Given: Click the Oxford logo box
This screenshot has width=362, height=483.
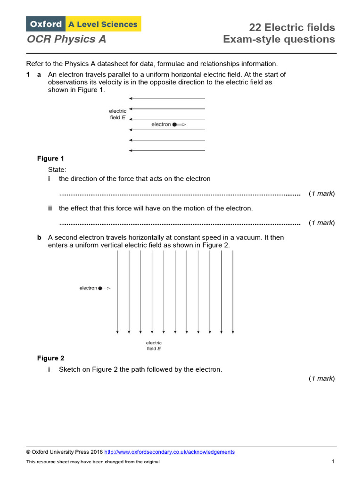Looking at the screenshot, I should pyautogui.click(x=46, y=24).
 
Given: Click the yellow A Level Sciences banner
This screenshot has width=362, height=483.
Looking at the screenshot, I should pyautogui.click(x=103, y=24).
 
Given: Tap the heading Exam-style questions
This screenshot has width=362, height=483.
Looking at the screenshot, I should pyautogui.click(x=279, y=40).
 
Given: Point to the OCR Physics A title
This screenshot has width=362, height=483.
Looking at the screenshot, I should pyautogui.click(x=66, y=40).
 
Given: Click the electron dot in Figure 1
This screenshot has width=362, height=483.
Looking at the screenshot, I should pyautogui.click(x=174, y=125).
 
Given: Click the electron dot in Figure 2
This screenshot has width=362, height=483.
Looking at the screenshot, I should pyautogui.click(x=100, y=288).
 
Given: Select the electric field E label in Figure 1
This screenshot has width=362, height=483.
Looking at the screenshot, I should pyautogui.click(x=117, y=114).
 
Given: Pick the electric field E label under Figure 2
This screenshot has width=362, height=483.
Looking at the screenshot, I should pyautogui.click(x=154, y=346).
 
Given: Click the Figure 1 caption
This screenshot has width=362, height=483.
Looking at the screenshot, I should pyautogui.click(x=50, y=158).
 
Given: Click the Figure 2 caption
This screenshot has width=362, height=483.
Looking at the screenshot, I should pyautogui.click(x=50, y=358).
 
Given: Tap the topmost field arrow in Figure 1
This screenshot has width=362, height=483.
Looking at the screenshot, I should pyautogui.click(x=167, y=99).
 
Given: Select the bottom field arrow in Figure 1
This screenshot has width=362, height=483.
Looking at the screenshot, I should pyautogui.click(x=167, y=150).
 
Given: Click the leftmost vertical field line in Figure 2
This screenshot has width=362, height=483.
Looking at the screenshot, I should pyautogui.click(x=117, y=292).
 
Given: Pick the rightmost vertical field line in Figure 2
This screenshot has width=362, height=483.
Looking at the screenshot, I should pyautogui.click(x=233, y=292).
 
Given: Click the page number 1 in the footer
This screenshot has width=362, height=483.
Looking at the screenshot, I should pyautogui.click(x=333, y=462).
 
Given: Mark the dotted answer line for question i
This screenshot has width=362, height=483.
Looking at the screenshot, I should pyautogui.click(x=179, y=194).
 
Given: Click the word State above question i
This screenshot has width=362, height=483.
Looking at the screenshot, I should pyautogui.click(x=57, y=169).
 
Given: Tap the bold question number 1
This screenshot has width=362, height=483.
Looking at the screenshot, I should pyautogui.click(x=28, y=75).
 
